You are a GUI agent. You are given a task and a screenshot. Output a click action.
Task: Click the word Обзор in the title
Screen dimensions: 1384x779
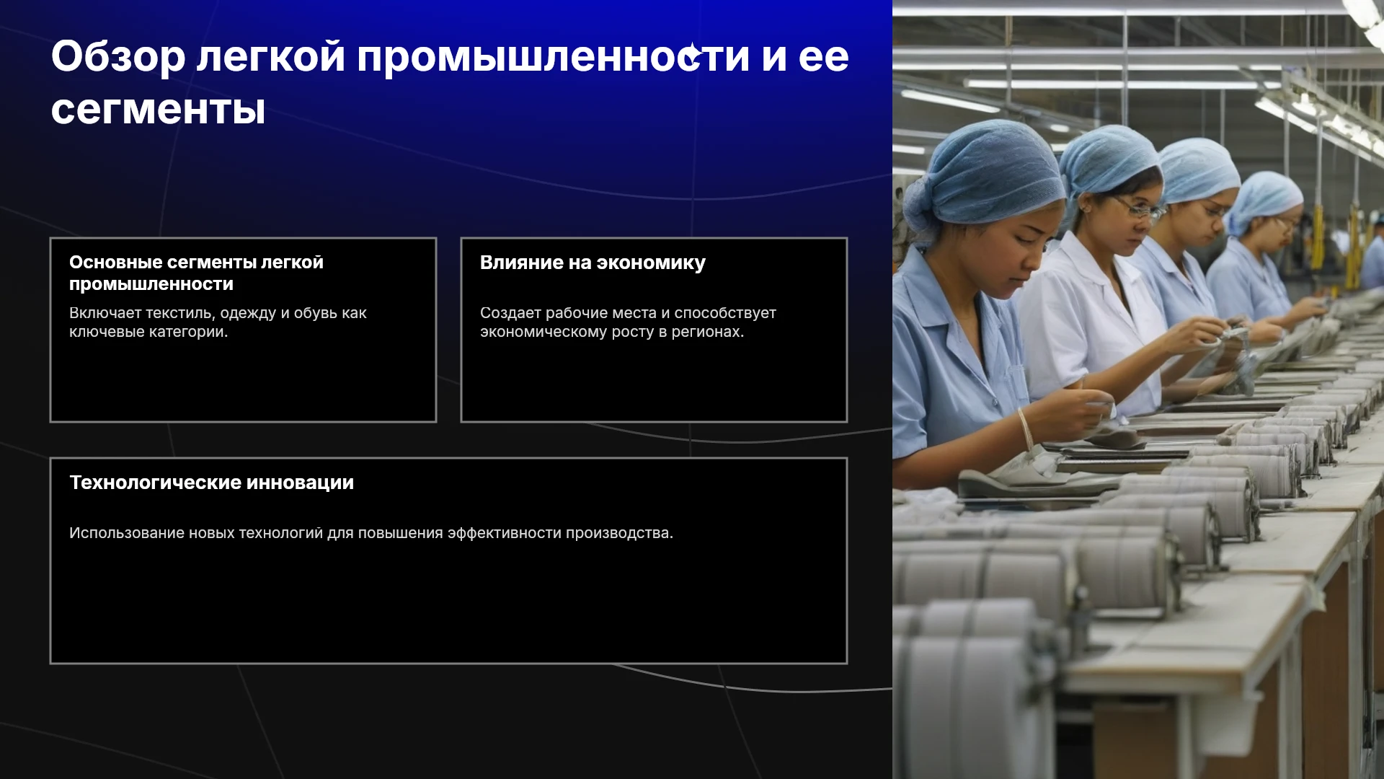(118, 57)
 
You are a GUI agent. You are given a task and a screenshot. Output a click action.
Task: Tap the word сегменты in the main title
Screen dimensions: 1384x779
(159, 110)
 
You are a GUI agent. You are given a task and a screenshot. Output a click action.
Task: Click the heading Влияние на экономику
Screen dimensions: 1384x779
(593, 263)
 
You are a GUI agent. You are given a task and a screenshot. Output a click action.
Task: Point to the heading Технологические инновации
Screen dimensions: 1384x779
(211, 483)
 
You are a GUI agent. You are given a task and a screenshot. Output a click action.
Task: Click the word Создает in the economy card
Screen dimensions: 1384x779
(510, 313)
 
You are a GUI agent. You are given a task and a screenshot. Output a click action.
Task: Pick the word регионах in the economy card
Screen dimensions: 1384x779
(707, 332)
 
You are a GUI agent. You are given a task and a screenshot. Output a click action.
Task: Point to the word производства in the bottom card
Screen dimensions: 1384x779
(619, 533)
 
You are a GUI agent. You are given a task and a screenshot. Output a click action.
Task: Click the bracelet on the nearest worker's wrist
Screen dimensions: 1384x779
(1025, 428)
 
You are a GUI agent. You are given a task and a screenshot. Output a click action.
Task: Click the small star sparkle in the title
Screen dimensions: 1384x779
(692, 55)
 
